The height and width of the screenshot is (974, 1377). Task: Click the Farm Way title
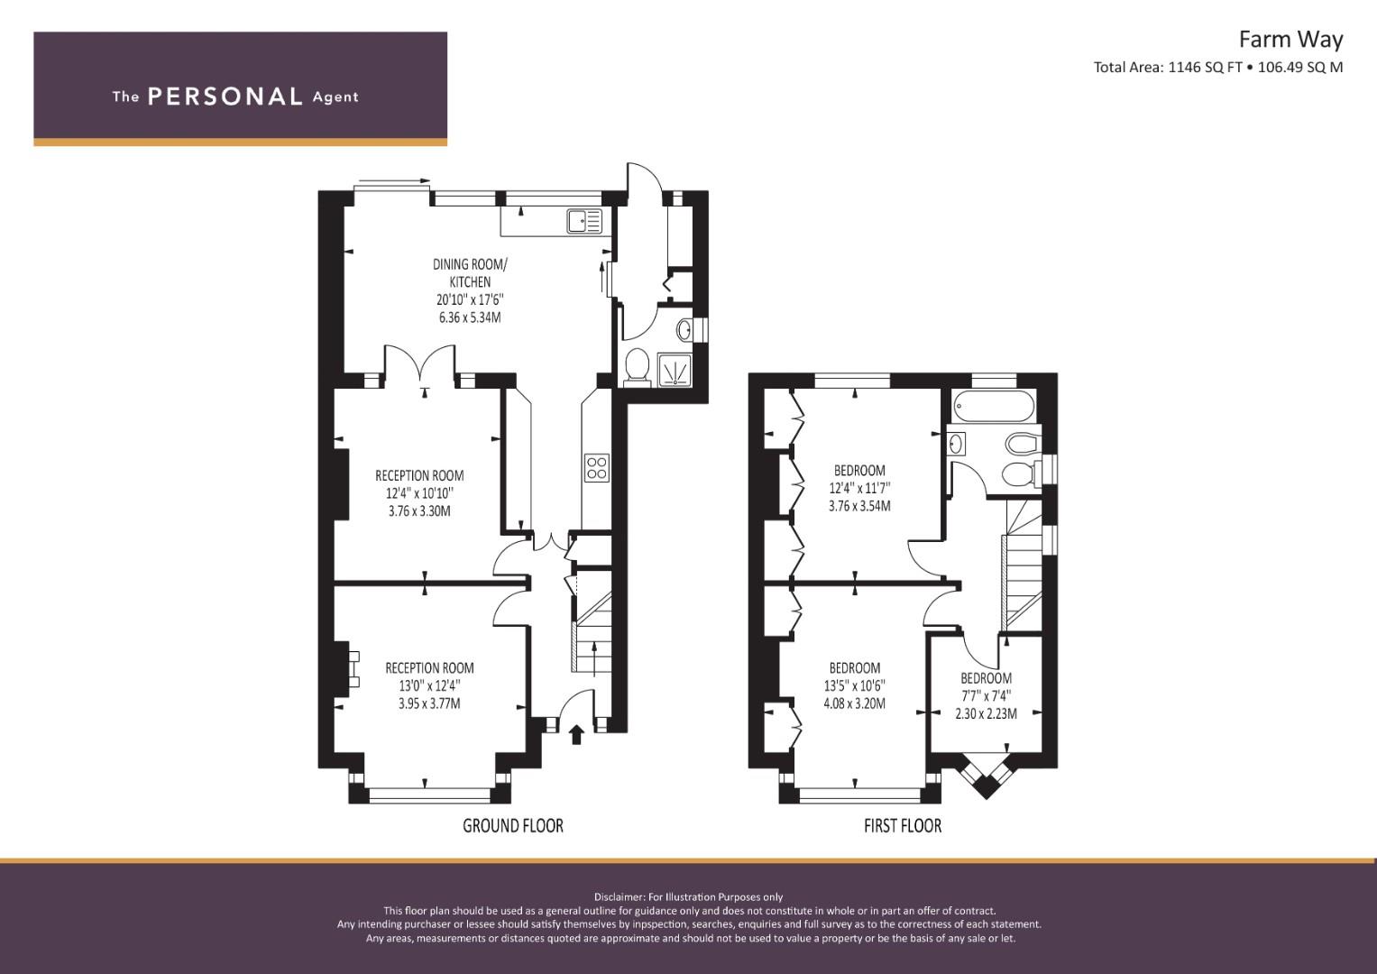click(x=1290, y=40)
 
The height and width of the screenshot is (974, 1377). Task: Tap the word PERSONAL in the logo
click(x=225, y=96)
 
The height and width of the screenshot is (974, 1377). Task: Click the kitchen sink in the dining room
click(x=584, y=221)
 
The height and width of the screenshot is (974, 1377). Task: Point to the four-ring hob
click(x=596, y=468)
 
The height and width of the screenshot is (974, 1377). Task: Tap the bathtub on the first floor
click(x=993, y=407)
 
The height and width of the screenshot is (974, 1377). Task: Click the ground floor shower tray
click(x=675, y=370)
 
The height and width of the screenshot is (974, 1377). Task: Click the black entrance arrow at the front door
click(x=576, y=734)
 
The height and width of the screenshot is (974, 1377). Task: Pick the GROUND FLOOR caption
click(x=513, y=825)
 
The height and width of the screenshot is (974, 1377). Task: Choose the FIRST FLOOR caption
click(x=903, y=825)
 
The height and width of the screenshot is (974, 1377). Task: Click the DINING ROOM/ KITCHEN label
click(x=470, y=273)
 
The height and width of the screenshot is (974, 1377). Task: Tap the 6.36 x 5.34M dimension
click(x=470, y=317)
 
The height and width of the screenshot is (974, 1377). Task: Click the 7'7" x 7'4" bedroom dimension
click(x=986, y=695)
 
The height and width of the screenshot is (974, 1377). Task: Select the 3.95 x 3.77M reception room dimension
click(x=429, y=703)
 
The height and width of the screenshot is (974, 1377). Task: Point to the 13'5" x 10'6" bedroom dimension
click(x=855, y=685)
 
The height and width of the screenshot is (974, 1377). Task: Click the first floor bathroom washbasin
click(x=957, y=443)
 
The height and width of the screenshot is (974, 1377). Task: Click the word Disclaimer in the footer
click(x=619, y=897)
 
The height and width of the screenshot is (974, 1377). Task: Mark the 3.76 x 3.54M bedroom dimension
click(x=859, y=506)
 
